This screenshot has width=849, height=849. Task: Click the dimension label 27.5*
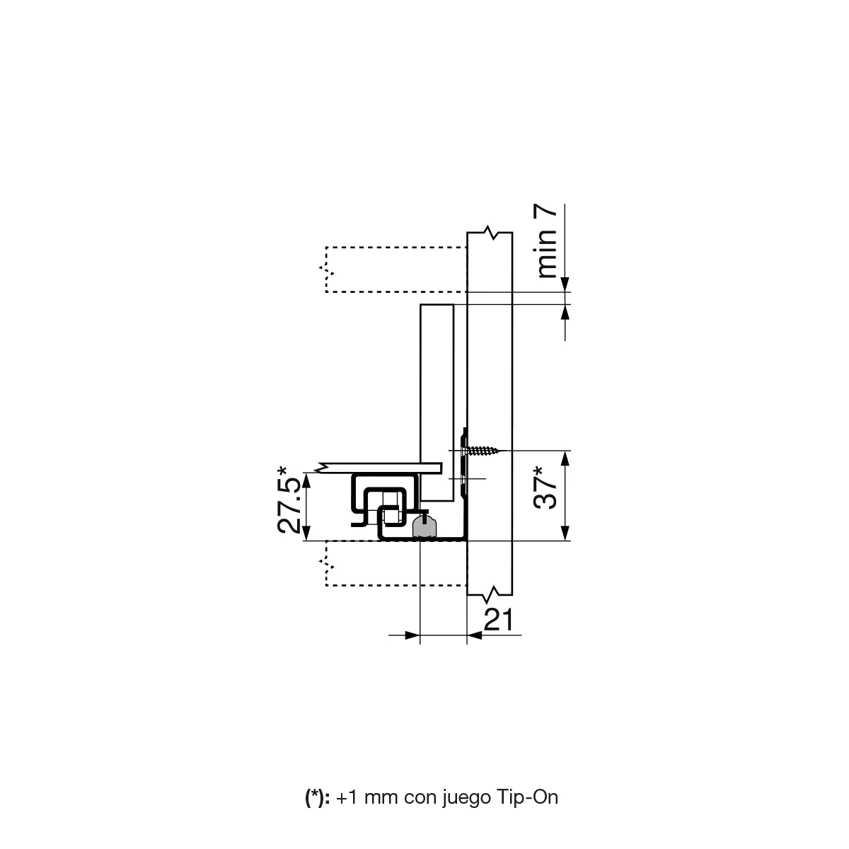pos(289,500)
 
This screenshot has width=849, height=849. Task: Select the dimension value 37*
pos(545,487)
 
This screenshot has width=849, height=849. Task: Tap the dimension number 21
pos(498,620)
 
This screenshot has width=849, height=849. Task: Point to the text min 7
pos(546,241)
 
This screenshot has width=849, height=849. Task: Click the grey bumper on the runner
pos(424,527)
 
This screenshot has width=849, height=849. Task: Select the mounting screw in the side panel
pos(480,451)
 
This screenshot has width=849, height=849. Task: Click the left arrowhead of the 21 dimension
pos(412,635)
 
